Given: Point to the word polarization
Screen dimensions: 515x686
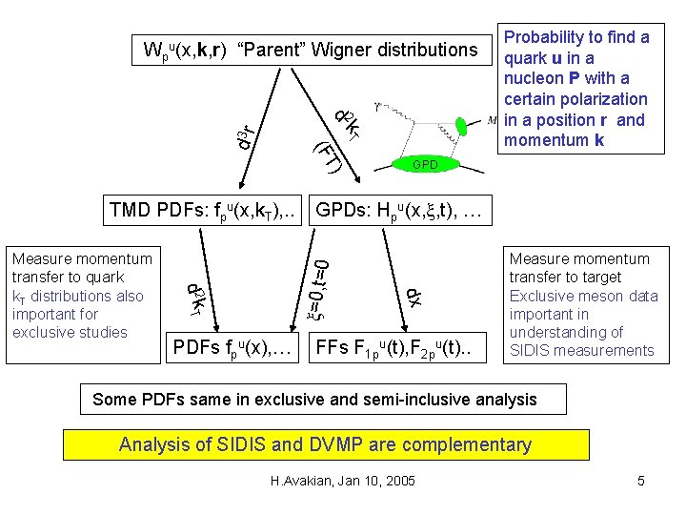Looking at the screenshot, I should point(606,99).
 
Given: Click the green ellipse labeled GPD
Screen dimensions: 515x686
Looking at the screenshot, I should point(424,164).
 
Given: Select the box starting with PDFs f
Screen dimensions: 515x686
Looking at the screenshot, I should point(233,346).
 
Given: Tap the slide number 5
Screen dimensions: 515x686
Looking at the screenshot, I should point(641,481).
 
